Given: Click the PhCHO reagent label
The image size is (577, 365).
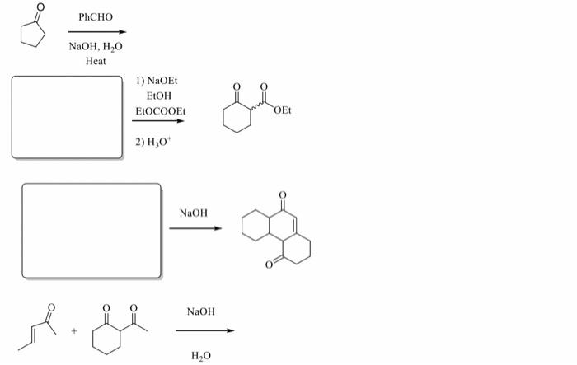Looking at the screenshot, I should tap(96, 17).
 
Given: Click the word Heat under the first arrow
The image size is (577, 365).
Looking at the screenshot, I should tap(96, 60).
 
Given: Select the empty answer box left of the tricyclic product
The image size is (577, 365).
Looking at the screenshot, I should tap(91, 231).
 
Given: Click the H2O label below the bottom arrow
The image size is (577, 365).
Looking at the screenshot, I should tap(200, 353).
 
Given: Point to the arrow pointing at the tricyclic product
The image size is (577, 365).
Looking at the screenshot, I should tap(195, 228).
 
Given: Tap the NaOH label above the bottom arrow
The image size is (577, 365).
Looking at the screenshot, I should tap(200, 311).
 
